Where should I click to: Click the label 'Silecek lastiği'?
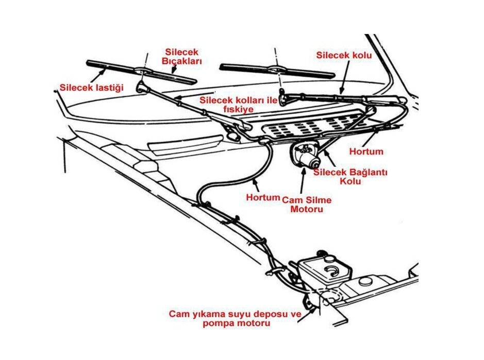click(92, 88)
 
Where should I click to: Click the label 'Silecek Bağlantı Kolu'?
click(350, 177)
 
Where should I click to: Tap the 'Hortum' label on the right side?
click(366, 151)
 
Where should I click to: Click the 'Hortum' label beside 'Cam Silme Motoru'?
click(262, 197)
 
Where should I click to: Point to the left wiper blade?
click(141, 71)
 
